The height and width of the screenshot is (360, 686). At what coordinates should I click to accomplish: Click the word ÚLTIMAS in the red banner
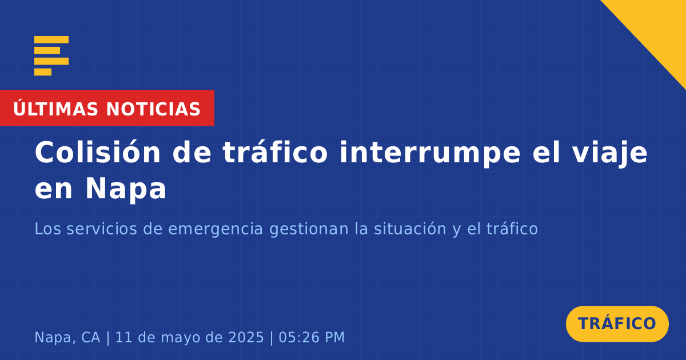point(55,109)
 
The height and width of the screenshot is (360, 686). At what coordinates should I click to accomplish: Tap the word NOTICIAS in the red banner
point(153,109)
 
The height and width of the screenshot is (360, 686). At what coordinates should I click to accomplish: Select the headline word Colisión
point(98,152)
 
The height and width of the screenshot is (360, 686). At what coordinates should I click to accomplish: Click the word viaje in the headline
point(610,154)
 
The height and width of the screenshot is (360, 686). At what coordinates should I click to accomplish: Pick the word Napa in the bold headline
point(126,190)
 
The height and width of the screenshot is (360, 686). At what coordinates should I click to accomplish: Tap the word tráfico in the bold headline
point(276,152)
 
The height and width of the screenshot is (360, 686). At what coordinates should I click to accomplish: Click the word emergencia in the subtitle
point(216,229)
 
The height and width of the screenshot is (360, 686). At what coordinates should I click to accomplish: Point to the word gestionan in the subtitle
point(309,229)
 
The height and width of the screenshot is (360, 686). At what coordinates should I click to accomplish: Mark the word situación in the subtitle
point(410,229)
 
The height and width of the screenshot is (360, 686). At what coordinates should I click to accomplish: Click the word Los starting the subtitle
point(48,229)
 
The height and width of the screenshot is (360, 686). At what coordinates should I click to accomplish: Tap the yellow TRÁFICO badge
point(617,324)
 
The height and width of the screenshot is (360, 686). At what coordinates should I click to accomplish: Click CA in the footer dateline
point(91,337)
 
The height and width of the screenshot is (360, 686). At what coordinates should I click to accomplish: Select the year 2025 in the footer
point(246,337)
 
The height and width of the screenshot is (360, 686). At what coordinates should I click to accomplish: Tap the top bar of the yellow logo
point(51,39)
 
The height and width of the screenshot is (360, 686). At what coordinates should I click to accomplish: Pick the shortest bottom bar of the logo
point(43,72)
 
